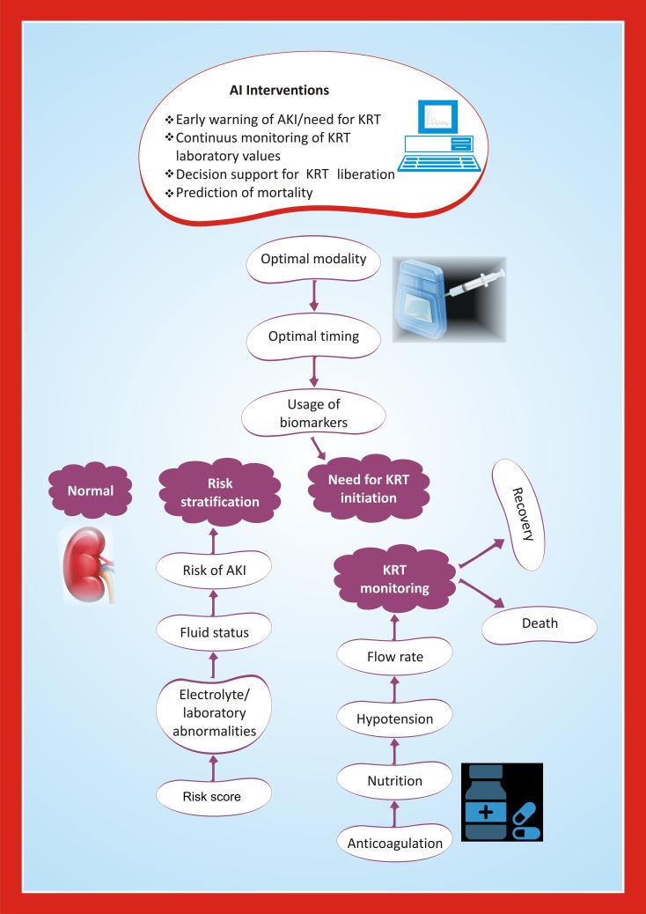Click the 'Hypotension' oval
(x=394, y=719)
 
